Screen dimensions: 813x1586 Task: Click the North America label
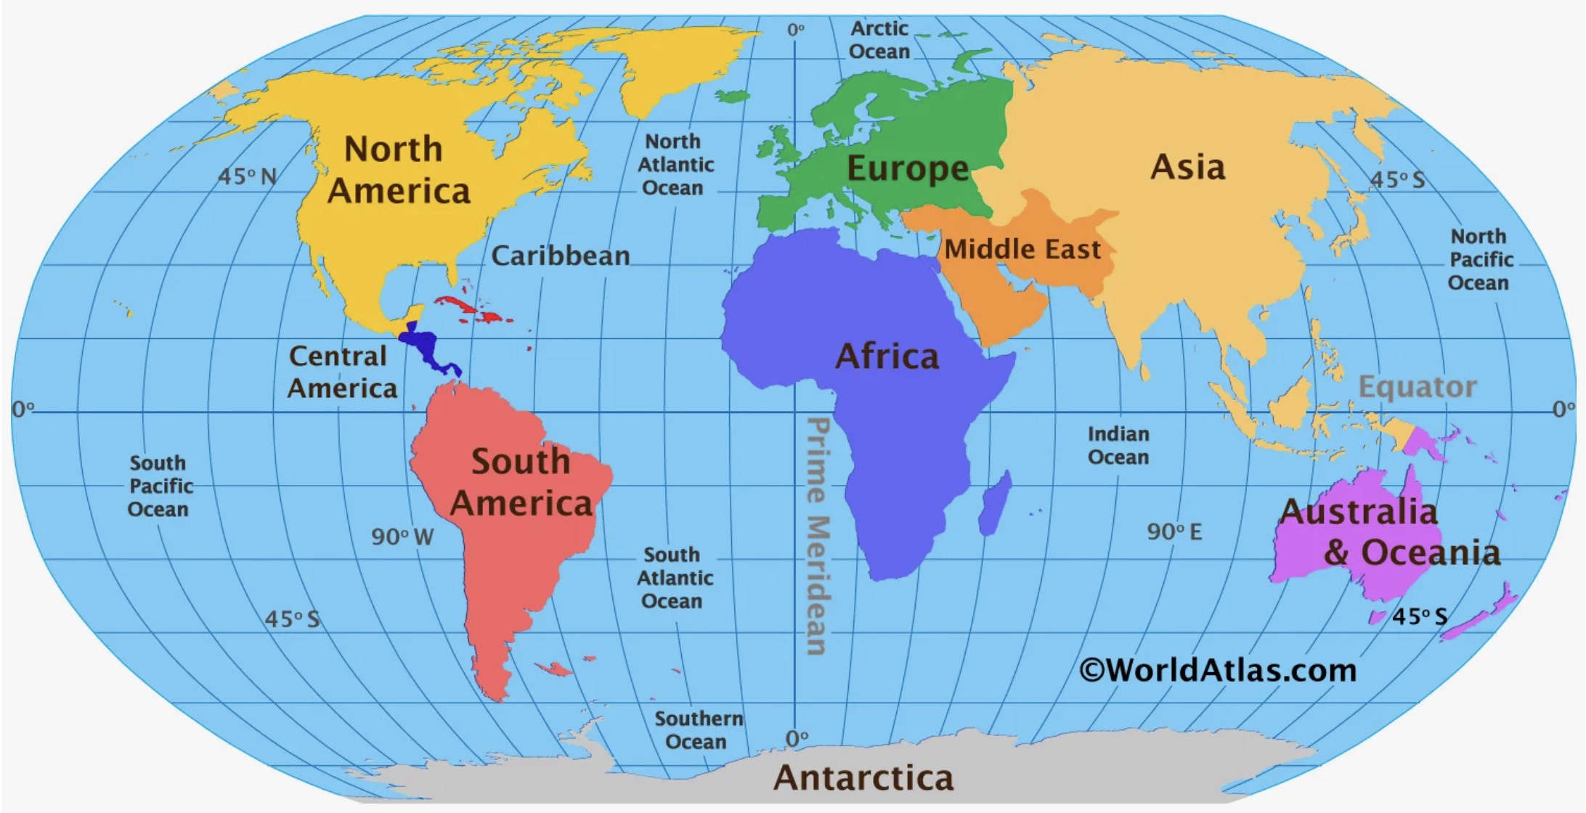click(x=396, y=170)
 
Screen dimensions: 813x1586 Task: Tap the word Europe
click(x=908, y=168)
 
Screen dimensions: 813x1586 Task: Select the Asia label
click(x=1188, y=167)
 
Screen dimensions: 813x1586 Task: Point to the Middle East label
click(x=1022, y=250)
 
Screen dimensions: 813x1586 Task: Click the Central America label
click(x=341, y=372)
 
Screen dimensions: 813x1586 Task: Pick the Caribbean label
click(x=560, y=256)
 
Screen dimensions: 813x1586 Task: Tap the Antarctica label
click(x=863, y=777)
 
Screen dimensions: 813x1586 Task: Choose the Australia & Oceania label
click(x=1388, y=532)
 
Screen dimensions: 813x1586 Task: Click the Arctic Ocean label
click(x=879, y=40)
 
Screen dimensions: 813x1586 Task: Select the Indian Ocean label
click(x=1118, y=445)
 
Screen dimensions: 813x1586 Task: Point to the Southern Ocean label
click(x=698, y=730)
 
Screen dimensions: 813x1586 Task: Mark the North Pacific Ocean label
click(x=1479, y=259)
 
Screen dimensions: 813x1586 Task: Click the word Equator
click(x=1417, y=387)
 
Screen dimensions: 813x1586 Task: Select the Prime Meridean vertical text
click(x=818, y=536)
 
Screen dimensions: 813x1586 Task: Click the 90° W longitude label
click(x=402, y=536)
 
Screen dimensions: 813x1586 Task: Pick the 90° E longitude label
click(x=1174, y=531)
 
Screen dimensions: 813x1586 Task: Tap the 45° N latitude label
click(x=248, y=176)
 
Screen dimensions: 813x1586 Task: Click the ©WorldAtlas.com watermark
click(x=1218, y=669)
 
